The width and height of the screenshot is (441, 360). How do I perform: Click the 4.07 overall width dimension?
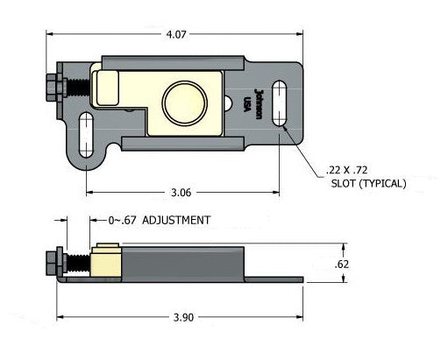point(174,35)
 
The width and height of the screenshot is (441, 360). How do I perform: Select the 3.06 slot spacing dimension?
point(181,191)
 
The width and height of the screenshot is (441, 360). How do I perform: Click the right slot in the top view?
point(280,104)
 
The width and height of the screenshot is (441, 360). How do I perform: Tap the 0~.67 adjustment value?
point(123,221)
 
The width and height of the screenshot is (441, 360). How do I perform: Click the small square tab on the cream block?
point(107,88)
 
